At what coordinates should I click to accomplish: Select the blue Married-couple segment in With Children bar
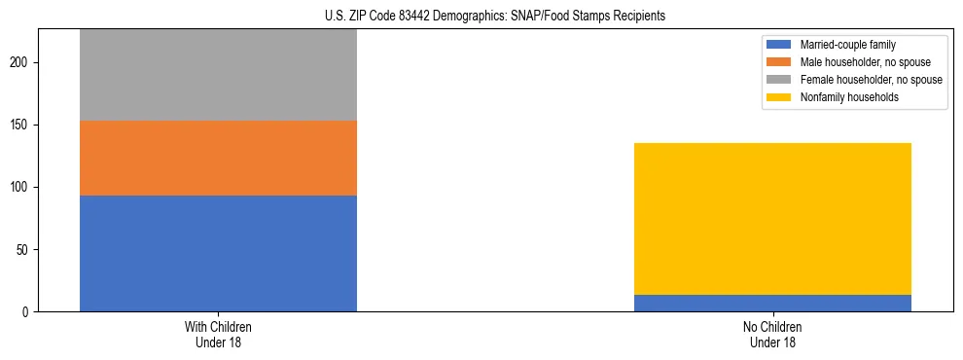pyautogui.click(x=218, y=253)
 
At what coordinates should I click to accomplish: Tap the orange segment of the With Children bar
pyautogui.click(x=218, y=158)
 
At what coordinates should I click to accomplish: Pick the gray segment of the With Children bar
pyautogui.click(x=218, y=75)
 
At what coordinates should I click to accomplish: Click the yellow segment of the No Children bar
pyautogui.click(x=772, y=219)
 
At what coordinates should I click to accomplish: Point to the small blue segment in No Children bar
pyautogui.click(x=772, y=303)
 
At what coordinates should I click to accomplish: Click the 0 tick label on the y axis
pyautogui.click(x=27, y=312)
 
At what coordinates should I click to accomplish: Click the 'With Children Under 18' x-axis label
pyautogui.click(x=218, y=335)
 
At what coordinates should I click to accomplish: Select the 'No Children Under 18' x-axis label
pyautogui.click(x=772, y=335)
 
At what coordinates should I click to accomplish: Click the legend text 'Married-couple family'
pyautogui.click(x=847, y=45)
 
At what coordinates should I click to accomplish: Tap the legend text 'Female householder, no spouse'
pyautogui.click(x=871, y=80)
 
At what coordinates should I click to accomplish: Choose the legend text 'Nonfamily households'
pyautogui.click(x=849, y=97)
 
